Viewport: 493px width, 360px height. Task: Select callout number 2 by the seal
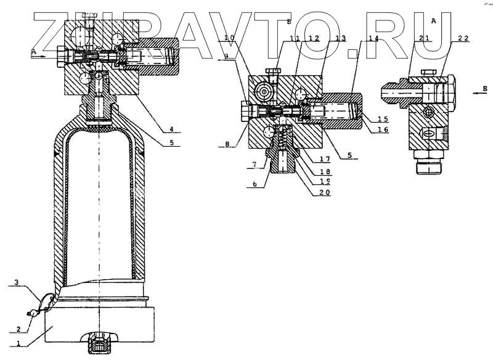click(x=19, y=329)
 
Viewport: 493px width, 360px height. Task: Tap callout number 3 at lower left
click(x=18, y=283)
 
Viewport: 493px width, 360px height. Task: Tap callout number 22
click(x=463, y=38)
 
